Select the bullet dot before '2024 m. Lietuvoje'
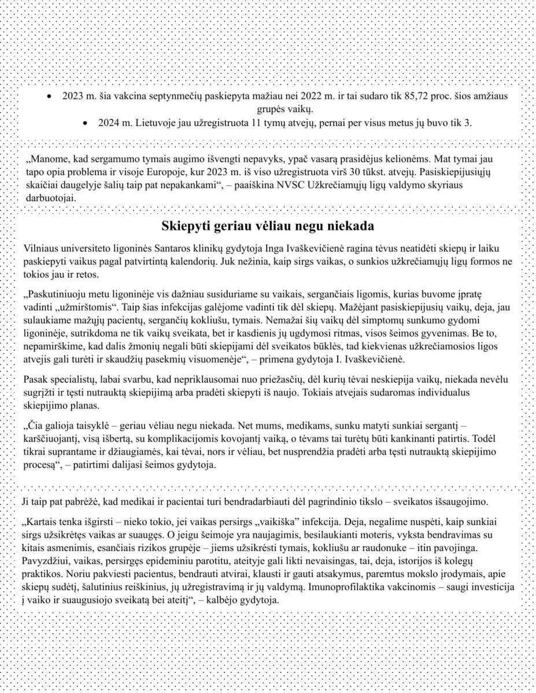coord(86,123)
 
